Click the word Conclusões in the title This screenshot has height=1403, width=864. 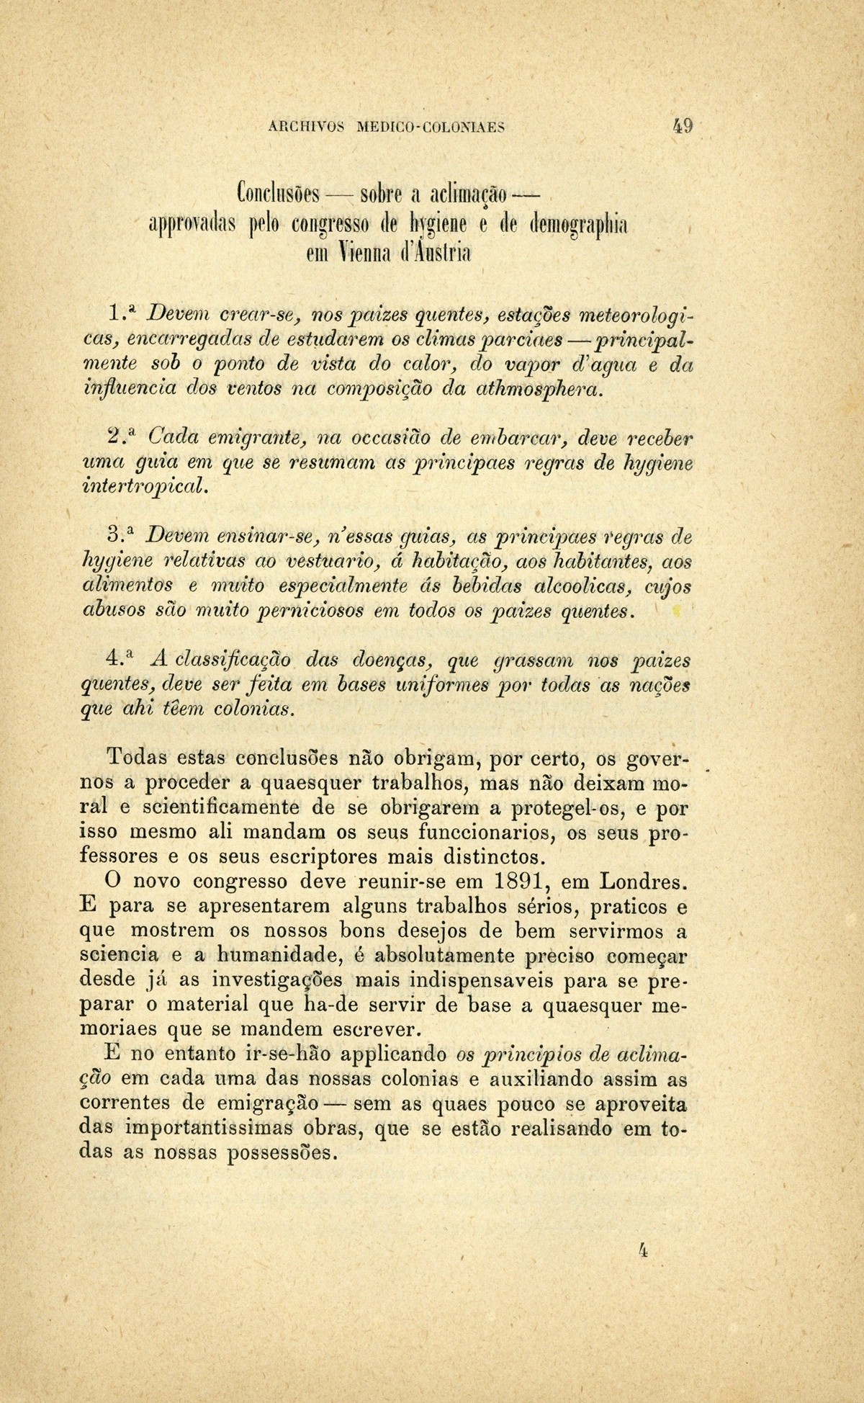(x=277, y=196)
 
